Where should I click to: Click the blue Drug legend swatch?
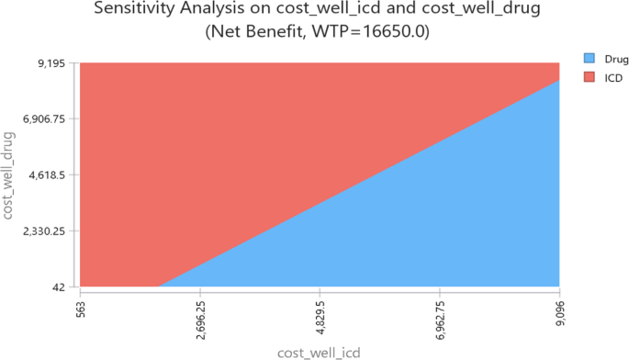click(590, 57)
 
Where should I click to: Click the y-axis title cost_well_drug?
click(9, 174)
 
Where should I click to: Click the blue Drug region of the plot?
click(459, 230)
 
